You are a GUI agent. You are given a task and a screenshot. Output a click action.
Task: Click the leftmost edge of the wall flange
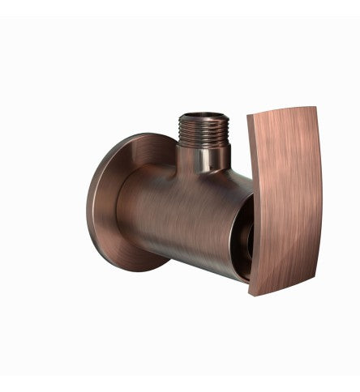[88, 202]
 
